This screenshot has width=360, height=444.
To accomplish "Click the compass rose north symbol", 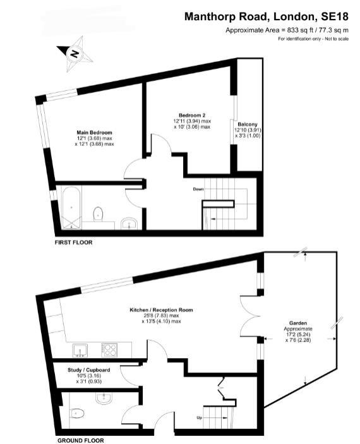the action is [x=75, y=54].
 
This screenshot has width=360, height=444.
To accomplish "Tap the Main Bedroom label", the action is [x=94, y=133].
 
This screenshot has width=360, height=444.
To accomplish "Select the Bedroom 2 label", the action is [x=192, y=115].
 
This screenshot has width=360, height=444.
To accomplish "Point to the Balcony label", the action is [x=248, y=124].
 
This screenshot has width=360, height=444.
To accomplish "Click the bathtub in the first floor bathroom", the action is [x=71, y=207].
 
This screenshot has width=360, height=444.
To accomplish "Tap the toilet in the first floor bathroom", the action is [x=98, y=213].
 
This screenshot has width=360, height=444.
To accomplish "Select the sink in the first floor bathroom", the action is [x=129, y=223].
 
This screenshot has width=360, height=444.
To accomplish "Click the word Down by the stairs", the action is [x=198, y=189].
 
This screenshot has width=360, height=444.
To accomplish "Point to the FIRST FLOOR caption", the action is [x=73, y=243].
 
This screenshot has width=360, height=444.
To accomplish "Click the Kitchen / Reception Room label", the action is [x=161, y=309].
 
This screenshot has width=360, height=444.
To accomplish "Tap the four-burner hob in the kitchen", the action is [x=110, y=349].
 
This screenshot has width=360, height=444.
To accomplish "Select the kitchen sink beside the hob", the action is [x=80, y=350].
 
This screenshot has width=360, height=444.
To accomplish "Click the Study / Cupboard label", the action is [x=88, y=370].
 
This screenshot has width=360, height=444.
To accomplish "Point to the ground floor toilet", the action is [x=76, y=414].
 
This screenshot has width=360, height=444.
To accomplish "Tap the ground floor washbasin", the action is [x=104, y=398].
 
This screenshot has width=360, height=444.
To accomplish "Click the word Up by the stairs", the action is [x=200, y=417].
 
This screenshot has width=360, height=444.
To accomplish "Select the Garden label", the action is [x=298, y=323].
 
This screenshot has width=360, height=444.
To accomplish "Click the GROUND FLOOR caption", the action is [x=81, y=440].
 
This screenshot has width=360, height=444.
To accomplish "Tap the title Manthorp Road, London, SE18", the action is [x=267, y=16].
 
